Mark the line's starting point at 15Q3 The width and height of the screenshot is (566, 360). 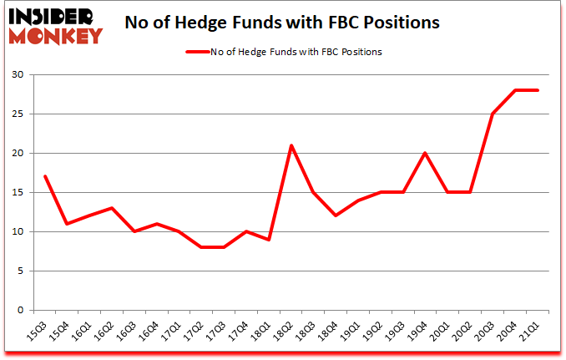coord(44,176)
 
